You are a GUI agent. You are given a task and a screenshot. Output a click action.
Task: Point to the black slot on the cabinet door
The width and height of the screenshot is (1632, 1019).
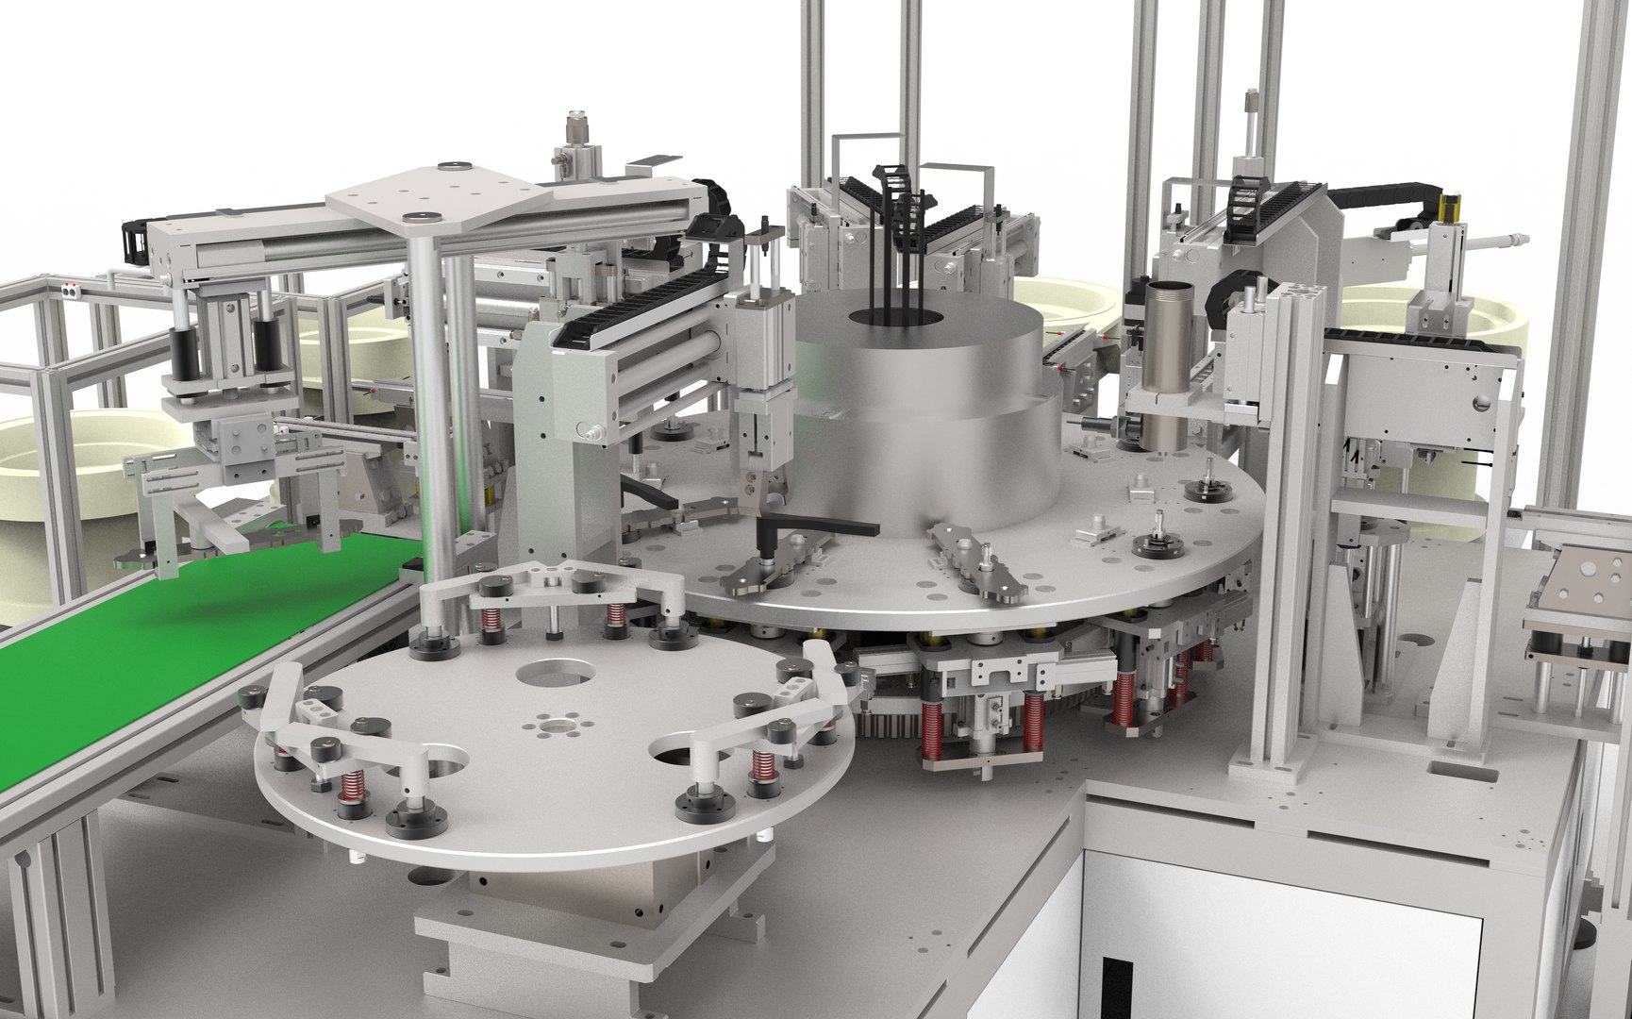[x=1119, y=991]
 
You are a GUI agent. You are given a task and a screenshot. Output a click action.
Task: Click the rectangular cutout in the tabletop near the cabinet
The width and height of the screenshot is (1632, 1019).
[x=1462, y=774]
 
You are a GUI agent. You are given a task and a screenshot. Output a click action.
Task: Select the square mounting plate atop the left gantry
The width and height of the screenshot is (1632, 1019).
[x=441, y=193]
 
